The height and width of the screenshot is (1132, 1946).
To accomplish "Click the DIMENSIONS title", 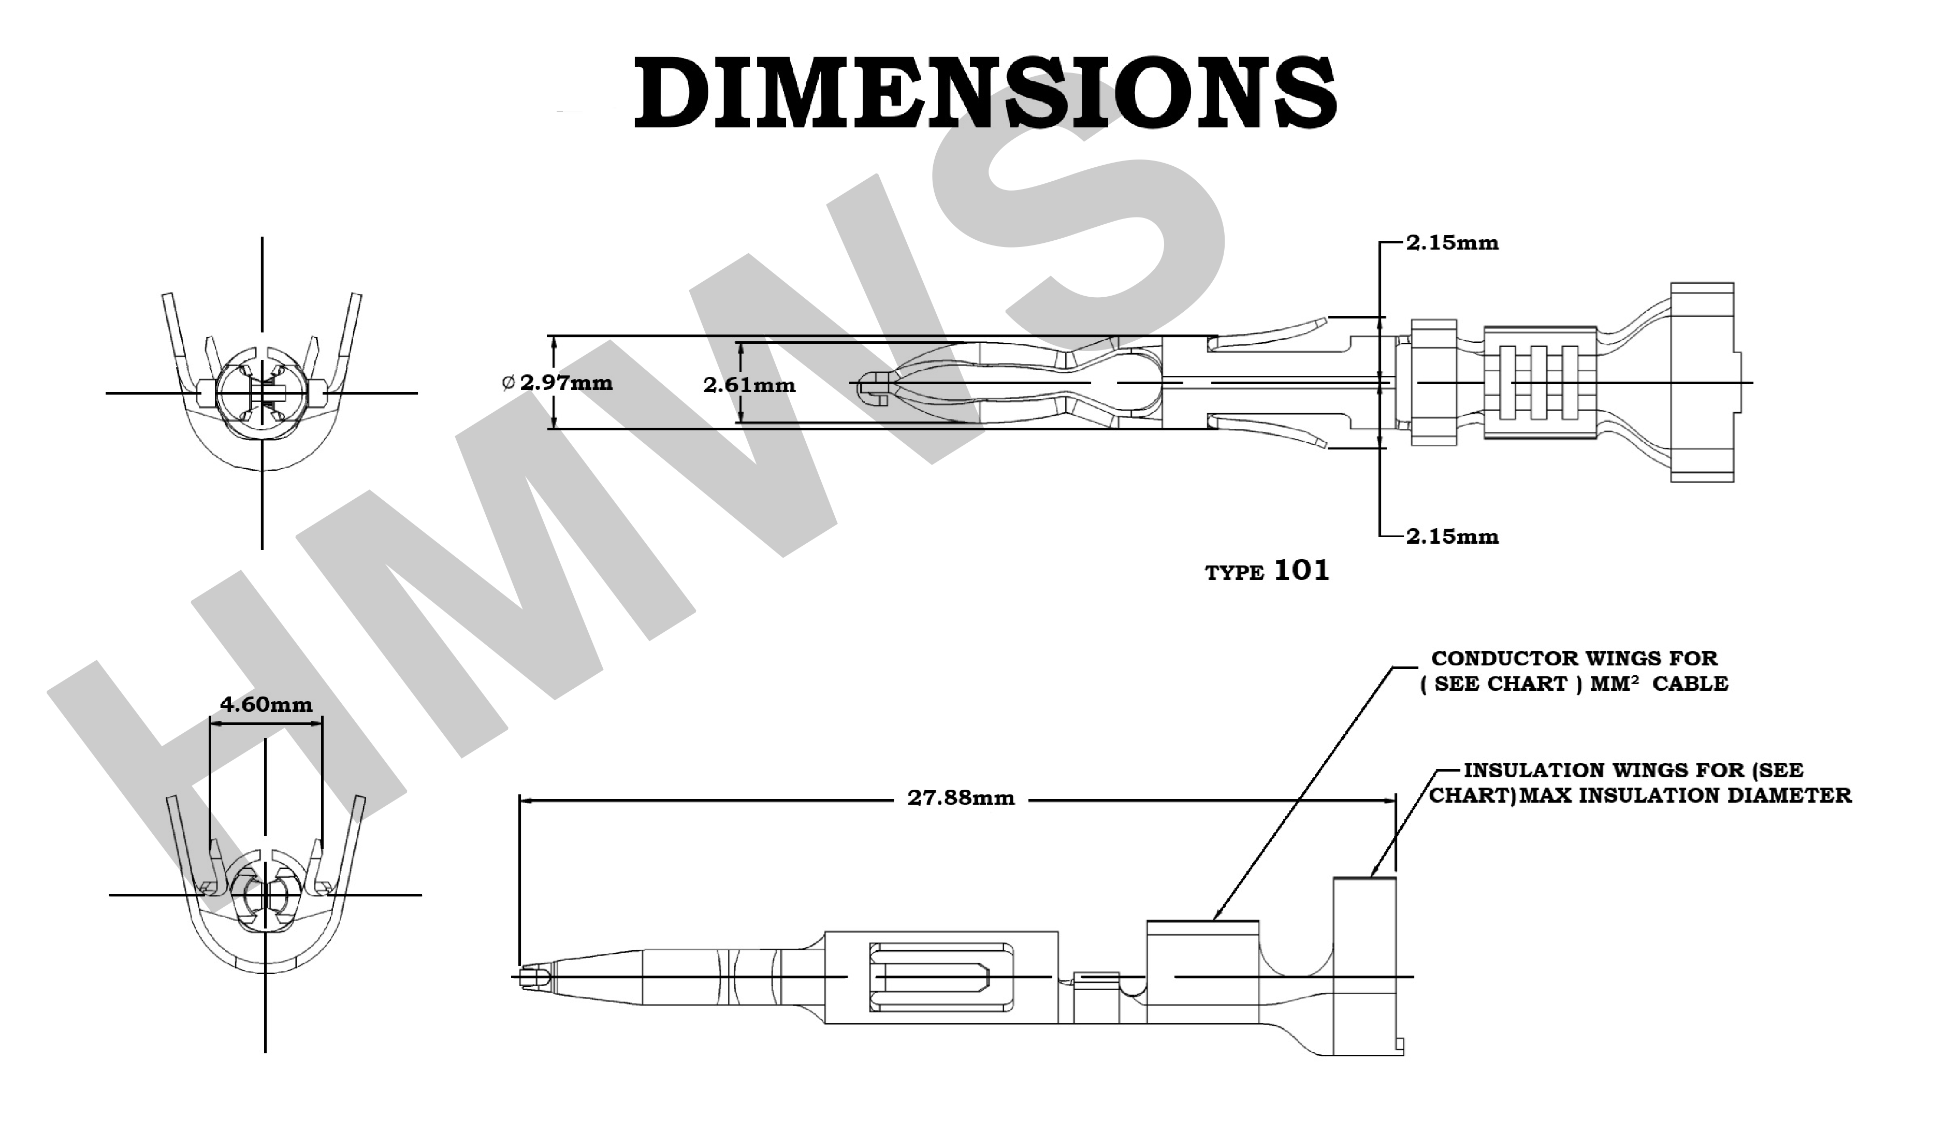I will tap(984, 93).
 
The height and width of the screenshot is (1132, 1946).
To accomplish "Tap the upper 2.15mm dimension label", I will tap(1452, 243).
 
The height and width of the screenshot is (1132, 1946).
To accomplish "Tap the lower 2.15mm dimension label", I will tap(1452, 536).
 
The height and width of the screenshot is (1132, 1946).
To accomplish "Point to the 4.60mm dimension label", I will tap(266, 704).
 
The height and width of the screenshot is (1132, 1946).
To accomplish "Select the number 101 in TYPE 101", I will tap(1301, 571).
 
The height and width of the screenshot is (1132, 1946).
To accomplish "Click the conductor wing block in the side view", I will tap(1202, 971).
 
